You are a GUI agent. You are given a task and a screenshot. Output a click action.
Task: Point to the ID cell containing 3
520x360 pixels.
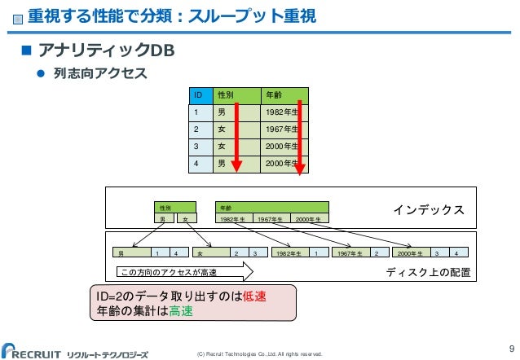tap(196, 147)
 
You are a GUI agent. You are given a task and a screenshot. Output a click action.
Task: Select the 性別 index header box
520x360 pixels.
tap(176, 209)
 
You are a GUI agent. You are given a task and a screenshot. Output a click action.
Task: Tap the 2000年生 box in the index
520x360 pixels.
tap(310, 218)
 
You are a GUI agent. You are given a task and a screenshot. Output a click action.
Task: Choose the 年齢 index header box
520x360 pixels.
tap(271, 209)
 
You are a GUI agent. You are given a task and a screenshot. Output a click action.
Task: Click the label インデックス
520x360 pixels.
tap(430, 210)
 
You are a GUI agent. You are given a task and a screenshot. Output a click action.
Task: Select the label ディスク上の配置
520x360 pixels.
tap(428, 272)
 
